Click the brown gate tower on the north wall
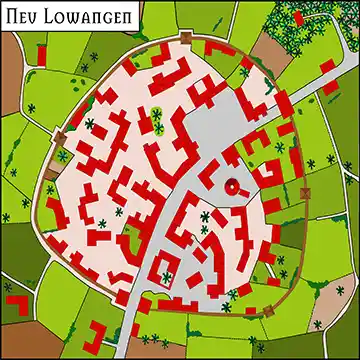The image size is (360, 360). [186, 37]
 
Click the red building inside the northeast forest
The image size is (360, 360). [326, 66]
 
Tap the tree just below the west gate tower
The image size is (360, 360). [63, 156]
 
